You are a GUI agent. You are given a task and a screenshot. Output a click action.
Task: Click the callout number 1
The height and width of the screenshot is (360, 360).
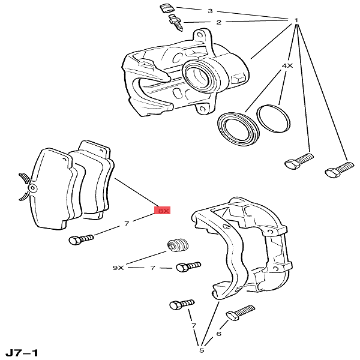point(296,20)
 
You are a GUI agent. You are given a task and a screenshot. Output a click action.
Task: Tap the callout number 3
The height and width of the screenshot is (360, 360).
point(210,11)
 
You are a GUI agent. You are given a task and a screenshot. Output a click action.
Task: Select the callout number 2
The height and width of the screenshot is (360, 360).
point(218,22)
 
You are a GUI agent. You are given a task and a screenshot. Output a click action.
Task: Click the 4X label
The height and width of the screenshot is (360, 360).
point(287,66)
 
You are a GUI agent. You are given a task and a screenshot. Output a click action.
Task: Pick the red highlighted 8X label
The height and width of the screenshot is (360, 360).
point(162,211)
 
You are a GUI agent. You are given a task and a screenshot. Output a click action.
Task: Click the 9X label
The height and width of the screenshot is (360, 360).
point(118,268)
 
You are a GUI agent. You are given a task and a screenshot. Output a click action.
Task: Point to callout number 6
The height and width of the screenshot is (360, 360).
point(218,334)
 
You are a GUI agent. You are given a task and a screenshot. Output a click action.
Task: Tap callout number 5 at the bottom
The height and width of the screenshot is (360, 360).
point(202,350)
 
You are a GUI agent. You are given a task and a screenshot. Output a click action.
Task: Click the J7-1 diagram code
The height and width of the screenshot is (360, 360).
point(22,353)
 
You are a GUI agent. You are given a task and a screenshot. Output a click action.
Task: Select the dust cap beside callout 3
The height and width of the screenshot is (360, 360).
point(167,9)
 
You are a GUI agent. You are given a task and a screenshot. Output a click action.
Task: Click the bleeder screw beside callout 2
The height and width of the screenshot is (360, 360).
point(176,23)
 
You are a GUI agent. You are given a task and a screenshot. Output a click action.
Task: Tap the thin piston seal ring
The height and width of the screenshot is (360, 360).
point(273,119)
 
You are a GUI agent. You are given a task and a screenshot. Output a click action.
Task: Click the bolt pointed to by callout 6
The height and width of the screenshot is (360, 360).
point(241,312)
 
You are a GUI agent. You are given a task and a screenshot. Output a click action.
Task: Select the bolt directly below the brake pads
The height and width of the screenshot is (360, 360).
point(81,239)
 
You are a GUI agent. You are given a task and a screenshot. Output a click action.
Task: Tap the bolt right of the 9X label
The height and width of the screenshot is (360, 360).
point(188,267)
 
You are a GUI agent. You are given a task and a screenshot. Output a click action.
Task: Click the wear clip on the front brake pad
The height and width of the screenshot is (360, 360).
point(26,187)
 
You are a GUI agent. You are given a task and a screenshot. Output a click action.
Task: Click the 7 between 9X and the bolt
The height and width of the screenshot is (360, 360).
point(152,268)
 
